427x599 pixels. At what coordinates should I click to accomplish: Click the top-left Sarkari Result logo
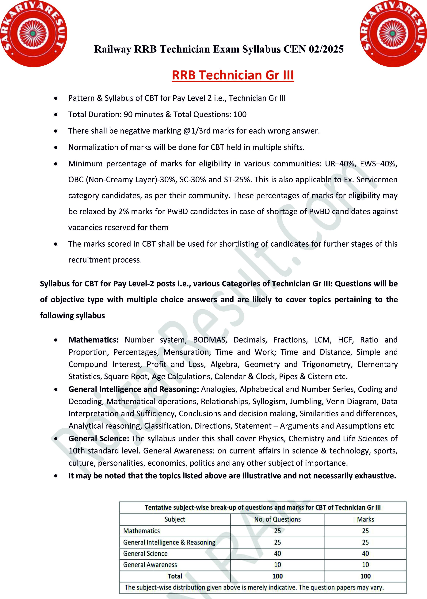click(33, 34)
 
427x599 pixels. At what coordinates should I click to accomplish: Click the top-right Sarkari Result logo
click(393, 34)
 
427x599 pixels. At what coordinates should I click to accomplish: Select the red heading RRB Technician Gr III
click(233, 75)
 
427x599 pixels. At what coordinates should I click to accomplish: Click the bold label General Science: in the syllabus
click(99, 439)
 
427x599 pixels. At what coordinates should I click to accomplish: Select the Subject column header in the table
click(175, 519)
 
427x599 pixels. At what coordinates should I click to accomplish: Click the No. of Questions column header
click(277, 519)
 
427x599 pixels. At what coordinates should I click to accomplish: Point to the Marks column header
click(365, 519)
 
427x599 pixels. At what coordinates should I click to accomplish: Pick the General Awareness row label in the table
click(150, 565)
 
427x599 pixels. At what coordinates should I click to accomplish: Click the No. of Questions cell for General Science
click(277, 554)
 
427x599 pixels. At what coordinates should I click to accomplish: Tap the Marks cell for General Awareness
click(365, 565)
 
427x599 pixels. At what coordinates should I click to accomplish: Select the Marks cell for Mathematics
click(365, 531)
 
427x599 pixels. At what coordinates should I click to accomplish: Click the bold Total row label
click(175, 576)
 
